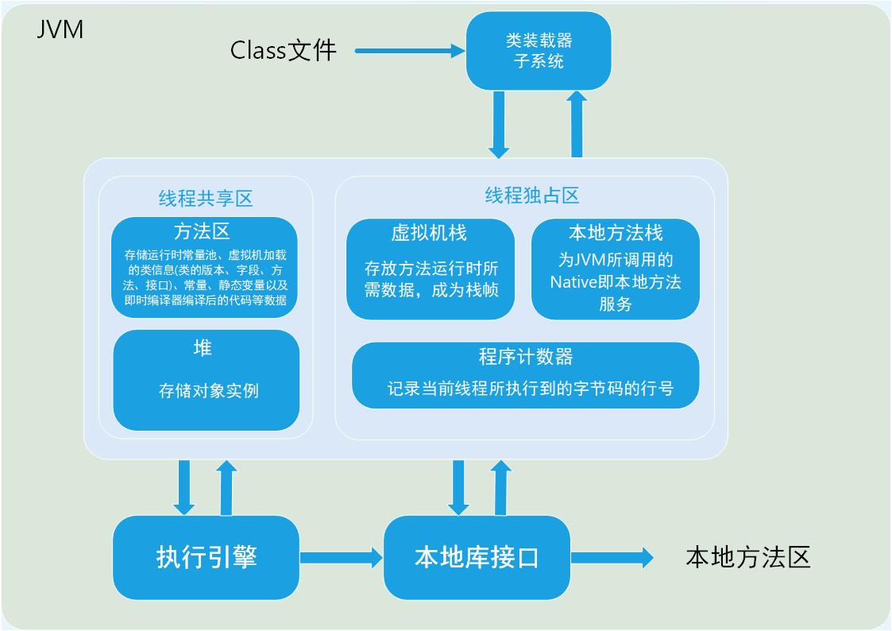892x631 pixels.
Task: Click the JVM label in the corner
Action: [x=60, y=31]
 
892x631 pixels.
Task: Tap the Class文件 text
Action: [x=284, y=51]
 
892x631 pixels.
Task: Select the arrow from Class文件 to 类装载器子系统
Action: [x=409, y=51]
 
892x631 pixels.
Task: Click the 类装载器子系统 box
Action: [x=539, y=51]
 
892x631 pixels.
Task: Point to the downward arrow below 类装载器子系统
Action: [x=499, y=123]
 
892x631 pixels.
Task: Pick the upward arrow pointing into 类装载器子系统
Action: [x=577, y=123]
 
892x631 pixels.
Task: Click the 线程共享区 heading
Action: [x=206, y=198]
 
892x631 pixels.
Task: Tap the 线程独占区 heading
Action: [x=531, y=195]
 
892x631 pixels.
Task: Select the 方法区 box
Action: [x=205, y=267]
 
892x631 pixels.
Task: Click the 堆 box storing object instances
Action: [x=207, y=380]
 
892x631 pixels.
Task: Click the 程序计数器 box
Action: [x=525, y=375]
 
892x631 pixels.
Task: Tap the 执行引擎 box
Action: [x=207, y=557]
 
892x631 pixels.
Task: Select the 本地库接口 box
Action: [x=477, y=557]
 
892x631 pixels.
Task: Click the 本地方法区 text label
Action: [x=747, y=557]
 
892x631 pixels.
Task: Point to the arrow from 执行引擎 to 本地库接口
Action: [x=342, y=558]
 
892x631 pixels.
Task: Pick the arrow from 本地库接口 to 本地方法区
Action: [x=612, y=558]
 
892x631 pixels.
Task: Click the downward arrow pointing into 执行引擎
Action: [x=185, y=486]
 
